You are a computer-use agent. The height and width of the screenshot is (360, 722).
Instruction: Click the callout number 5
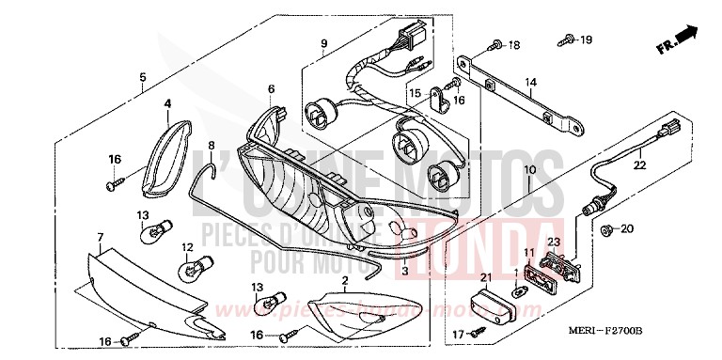142,77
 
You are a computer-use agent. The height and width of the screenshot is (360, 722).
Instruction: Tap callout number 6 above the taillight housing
271,89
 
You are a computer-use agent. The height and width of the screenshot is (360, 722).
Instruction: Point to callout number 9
322,44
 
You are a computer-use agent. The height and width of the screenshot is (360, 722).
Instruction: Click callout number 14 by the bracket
531,84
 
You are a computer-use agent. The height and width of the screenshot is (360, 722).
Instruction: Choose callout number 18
514,45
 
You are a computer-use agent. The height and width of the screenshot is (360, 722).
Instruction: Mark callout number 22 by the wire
640,166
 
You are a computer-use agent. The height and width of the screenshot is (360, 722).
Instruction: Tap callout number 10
529,170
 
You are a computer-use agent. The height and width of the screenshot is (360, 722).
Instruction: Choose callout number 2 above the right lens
345,279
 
